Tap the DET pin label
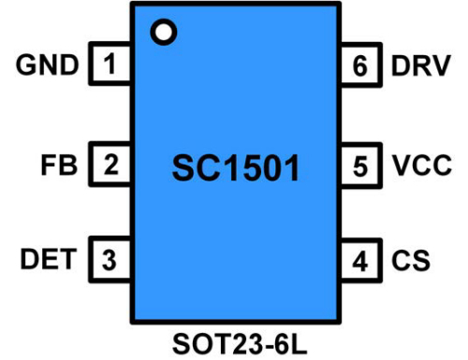coord(47,260)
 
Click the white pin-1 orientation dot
coord(164,32)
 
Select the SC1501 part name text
coord(236,169)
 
